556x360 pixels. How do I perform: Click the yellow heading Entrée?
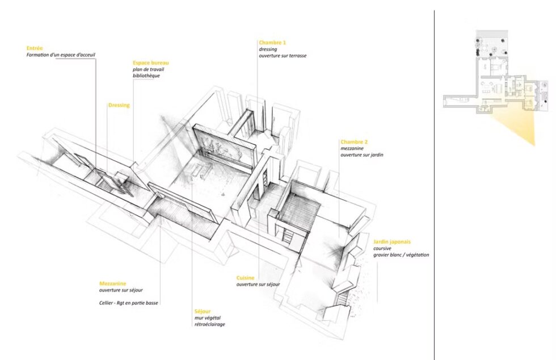click(x=35, y=48)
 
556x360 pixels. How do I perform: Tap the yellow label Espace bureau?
click(x=151, y=63)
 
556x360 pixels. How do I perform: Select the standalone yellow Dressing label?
click(x=119, y=105)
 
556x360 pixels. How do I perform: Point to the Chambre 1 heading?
click(x=272, y=43)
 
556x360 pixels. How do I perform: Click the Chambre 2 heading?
click(x=354, y=141)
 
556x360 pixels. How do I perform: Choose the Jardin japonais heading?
click(x=392, y=242)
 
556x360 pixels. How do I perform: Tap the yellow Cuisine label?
click(x=245, y=278)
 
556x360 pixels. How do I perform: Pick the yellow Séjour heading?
click(x=203, y=311)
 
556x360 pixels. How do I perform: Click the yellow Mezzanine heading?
click(x=113, y=284)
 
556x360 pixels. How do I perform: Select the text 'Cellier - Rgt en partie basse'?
click(x=129, y=303)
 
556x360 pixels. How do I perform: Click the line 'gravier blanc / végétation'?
click(x=401, y=254)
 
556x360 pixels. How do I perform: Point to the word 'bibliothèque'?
click(x=146, y=76)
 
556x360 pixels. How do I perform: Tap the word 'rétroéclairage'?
click(x=209, y=324)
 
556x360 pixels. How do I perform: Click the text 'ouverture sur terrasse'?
click(x=283, y=56)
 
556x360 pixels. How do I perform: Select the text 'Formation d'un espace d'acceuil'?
click(x=61, y=55)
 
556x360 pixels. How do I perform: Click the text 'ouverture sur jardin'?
click(x=362, y=155)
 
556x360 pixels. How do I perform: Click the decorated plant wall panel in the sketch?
click(x=225, y=149)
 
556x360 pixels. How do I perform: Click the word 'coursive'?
click(x=382, y=249)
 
